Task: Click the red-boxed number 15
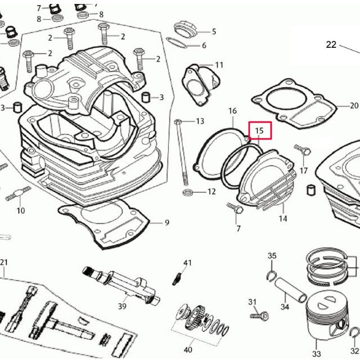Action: pos(260,130)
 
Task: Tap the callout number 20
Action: pos(353,105)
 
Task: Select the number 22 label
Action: pos(331,44)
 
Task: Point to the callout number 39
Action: pos(121,305)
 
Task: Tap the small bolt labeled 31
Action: pos(259,317)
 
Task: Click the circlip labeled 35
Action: pos(271,275)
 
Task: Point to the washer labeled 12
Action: pos(190,192)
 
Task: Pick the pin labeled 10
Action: pos(18,194)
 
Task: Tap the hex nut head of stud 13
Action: pos(178,121)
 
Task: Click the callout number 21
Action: pos(4,263)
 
